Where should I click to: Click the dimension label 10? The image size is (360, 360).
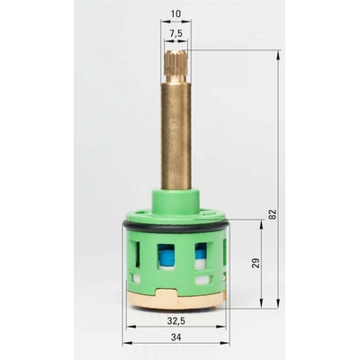pyautogui.click(x=175, y=13)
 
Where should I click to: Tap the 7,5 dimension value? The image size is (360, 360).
pyautogui.click(x=175, y=33)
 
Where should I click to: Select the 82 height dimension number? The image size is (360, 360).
pyautogui.click(x=272, y=214)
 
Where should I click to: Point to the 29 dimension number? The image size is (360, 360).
pyautogui.click(x=256, y=263)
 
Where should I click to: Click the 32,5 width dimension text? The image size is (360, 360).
pyautogui.click(x=176, y=320)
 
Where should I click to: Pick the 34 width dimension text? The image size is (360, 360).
pyautogui.click(x=176, y=337)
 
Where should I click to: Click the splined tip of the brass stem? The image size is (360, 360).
pyautogui.click(x=176, y=66)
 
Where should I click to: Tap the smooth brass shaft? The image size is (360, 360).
pyautogui.click(x=176, y=136)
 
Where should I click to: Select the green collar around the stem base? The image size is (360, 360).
pyautogui.click(x=176, y=200)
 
